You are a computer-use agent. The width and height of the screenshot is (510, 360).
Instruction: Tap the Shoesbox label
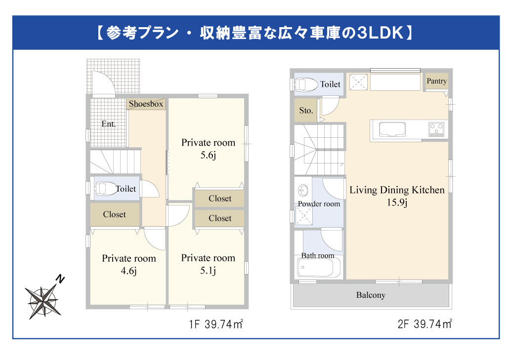[x=146, y=104]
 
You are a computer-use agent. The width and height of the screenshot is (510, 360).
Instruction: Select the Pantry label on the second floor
[x=436, y=81]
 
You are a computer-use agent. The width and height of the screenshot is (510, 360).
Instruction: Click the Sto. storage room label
[x=306, y=111]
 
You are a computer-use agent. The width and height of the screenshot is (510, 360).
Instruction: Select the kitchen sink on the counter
[x=392, y=130]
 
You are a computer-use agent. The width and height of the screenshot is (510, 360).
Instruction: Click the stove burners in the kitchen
[x=436, y=129]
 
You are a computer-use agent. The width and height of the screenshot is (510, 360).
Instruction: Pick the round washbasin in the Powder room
[x=303, y=190]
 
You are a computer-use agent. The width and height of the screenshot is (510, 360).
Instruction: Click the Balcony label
[x=371, y=295]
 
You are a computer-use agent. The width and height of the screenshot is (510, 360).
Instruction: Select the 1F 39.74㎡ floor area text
[x=215, y=324]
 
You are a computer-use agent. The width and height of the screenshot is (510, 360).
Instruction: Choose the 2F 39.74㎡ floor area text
[x=425, y=324]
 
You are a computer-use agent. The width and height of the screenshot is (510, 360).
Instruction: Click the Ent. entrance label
[x=108, y=124]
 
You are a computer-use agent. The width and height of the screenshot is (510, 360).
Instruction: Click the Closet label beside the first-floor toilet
[x=114, y=215]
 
